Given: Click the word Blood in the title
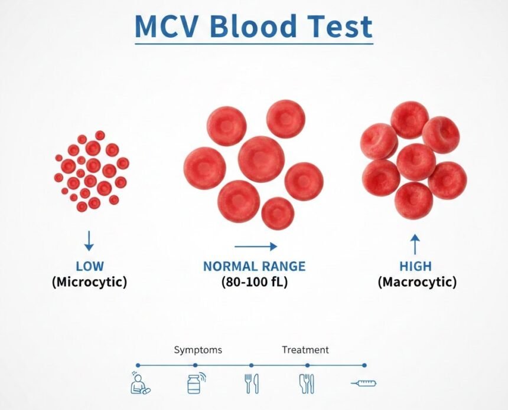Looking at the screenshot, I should point(256,26).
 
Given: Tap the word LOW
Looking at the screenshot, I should point(89,266).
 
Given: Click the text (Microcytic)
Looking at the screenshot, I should point(89,281).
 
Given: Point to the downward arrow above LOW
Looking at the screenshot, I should point(89,240).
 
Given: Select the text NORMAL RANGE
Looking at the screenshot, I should point(255,266).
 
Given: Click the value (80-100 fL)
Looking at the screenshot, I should point(255,281).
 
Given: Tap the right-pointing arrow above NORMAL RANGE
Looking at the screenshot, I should point(256,247).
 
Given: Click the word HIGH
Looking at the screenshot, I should point(415,266).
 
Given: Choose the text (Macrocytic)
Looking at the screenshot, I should point(417,281).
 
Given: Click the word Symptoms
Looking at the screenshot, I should point(198,350).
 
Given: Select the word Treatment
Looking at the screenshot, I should point(305,350).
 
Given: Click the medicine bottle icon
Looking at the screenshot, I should point(195,383).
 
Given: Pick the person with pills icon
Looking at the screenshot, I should point(139,383).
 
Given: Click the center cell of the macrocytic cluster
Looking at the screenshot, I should point(416,162).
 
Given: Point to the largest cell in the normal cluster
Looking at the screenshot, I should point(262,159).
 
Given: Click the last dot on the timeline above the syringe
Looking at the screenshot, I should point(364,365).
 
